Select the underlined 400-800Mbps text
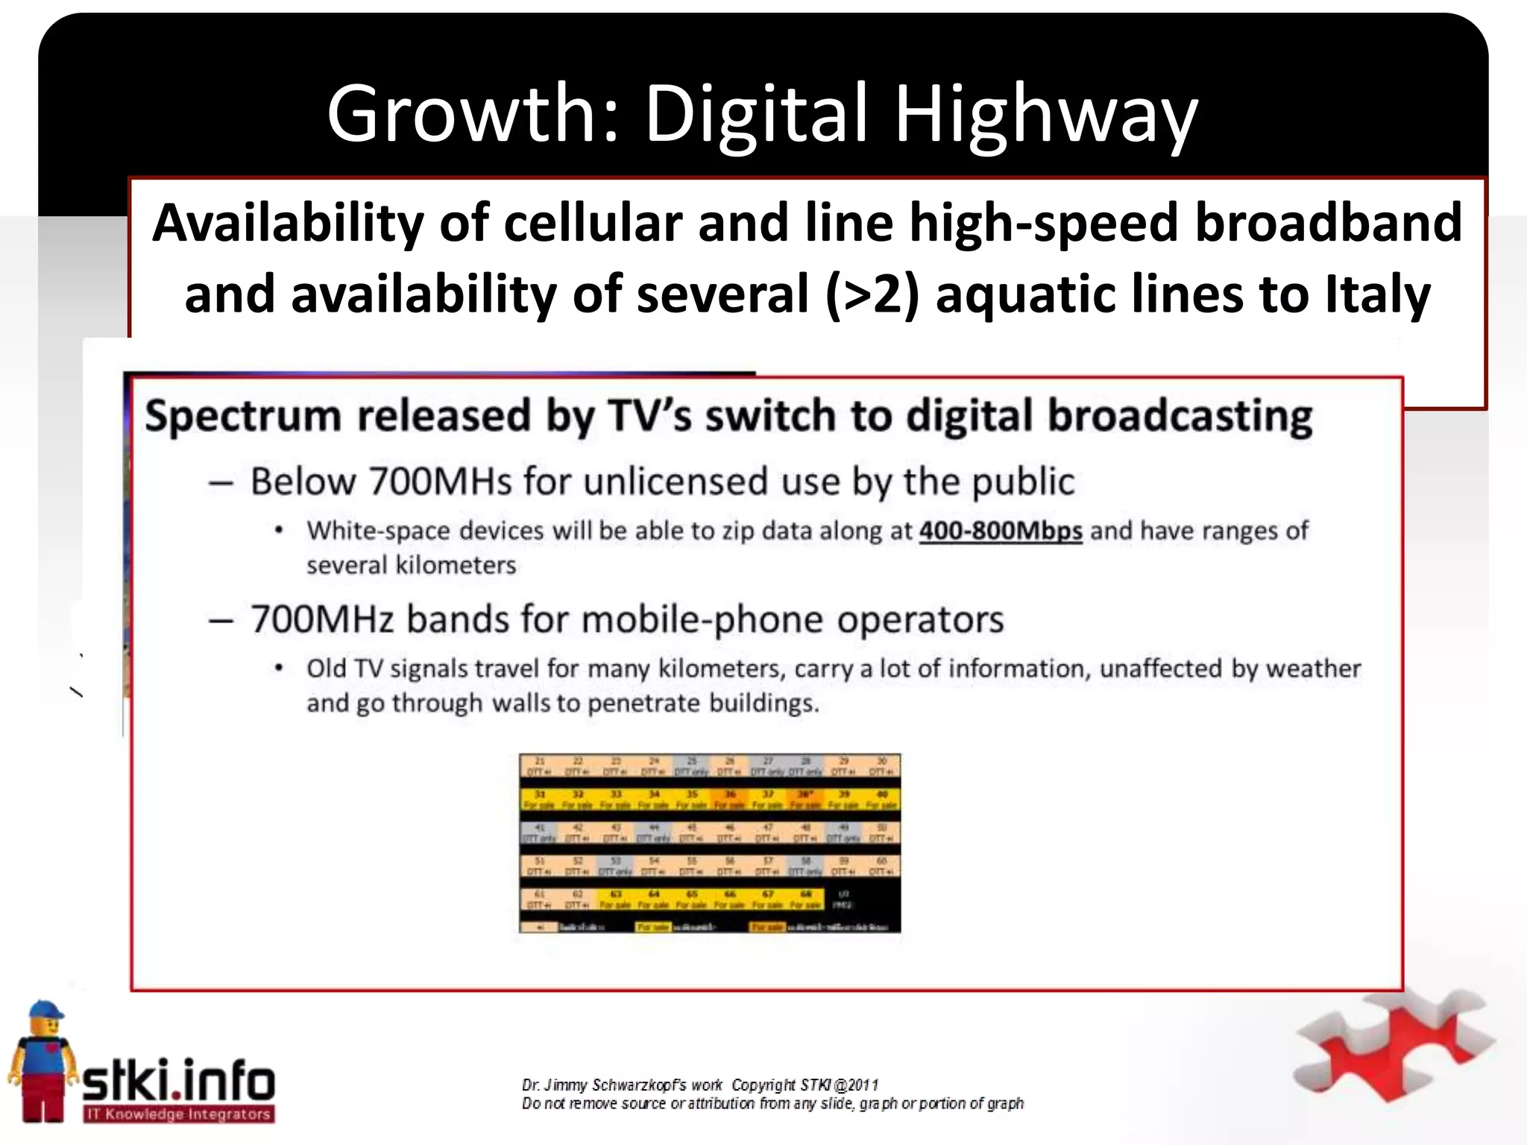(1000, 531)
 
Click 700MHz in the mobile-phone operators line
(321, 619)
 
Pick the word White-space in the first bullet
(378, 531)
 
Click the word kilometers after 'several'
(455, 565)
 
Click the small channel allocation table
(709, 843)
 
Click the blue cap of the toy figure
(45, 1012)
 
